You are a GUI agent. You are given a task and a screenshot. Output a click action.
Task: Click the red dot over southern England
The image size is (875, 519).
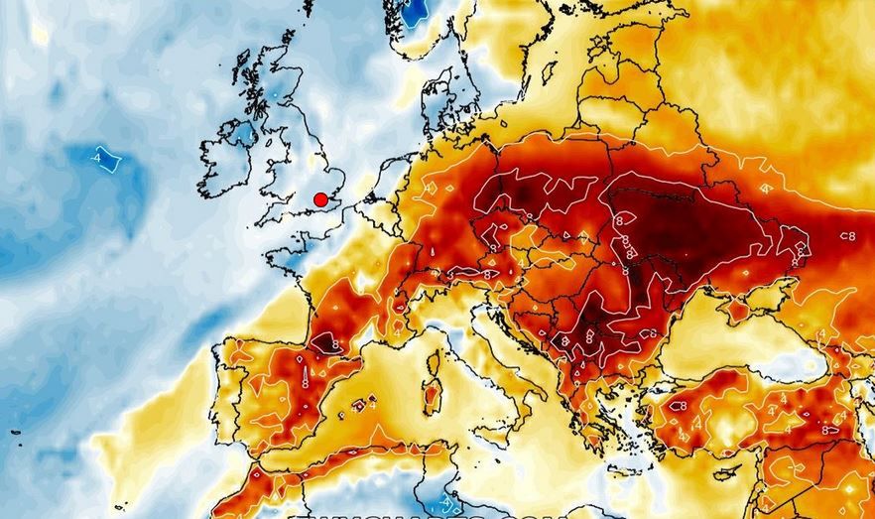[320, 199]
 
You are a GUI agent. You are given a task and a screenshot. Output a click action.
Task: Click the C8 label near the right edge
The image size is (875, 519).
[846, 236]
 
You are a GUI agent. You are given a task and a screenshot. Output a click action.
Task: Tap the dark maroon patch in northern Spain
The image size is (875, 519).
[323, 341]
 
